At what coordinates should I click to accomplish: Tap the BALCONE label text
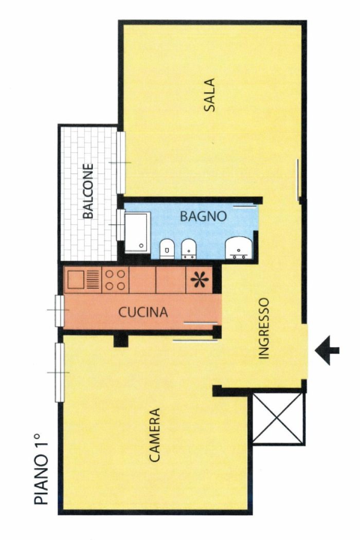(89, 191)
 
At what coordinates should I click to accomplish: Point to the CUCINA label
(142, 312)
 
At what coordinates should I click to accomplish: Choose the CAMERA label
(154, 434)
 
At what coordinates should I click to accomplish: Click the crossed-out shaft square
(279, 417)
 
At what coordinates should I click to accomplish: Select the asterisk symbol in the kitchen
(199, 280)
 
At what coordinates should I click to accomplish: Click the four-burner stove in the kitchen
(115, 280)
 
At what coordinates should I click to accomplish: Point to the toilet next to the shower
(167, 247)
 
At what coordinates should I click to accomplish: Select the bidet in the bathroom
(189, 247)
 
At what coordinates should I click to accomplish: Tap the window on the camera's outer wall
(58, 371)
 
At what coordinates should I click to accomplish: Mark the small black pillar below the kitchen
(119, 341)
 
